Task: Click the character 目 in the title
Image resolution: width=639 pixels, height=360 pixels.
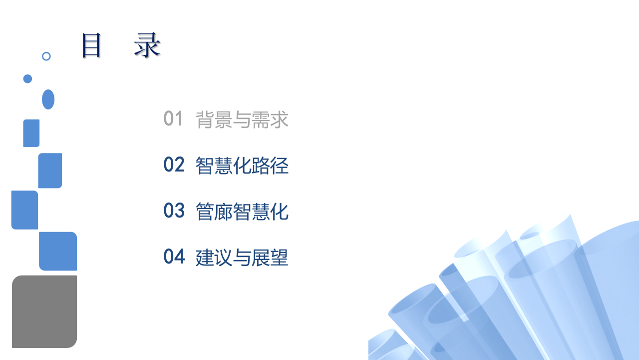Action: [x=91, y=45]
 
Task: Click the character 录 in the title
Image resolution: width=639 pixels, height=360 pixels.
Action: [x=148, y=45]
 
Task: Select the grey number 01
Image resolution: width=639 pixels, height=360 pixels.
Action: [x=174, y=119]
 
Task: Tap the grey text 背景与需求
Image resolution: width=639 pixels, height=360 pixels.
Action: [x=242, y=120]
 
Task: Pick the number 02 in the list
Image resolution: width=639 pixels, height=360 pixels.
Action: [x=174, y=165]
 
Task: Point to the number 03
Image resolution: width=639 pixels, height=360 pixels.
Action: [x=174, y=211]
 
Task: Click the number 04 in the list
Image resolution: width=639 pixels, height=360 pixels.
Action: [x=174, y=257]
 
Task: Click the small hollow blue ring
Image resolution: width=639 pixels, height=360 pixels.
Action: [x=46, y=56]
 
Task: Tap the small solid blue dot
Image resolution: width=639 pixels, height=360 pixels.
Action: [x=27, y=78]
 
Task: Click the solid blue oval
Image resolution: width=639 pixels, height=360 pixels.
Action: [x=48, y=99]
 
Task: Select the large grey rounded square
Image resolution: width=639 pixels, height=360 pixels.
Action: [x=44, y=311]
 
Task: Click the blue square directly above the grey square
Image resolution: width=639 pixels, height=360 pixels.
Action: [x=58, y=251]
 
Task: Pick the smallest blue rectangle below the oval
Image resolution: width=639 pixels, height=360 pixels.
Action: [x=31, y=133]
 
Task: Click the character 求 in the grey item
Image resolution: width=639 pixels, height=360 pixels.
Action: [x=280, y=120]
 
